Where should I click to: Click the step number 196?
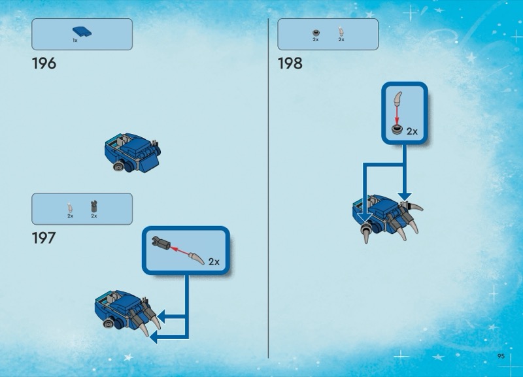click(x=44, y=63)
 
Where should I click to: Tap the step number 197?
click(x=44, y=238)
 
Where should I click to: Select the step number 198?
click(x=290, y=63)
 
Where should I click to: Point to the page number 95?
click(x=501, y=356)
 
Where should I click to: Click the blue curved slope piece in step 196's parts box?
click(x=82, y=31)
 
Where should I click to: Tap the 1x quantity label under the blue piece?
click(x=75, y=41)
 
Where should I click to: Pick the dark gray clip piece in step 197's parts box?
click(x=94, y=206)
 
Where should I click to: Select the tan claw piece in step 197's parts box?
click(x=70, y=208)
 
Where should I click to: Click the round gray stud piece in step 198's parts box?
click(x=316, y=33)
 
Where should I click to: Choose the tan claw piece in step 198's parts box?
click(x=341, y=31)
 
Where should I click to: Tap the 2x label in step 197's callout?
click(x=214, y=262)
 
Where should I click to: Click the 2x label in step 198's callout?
click(x=413, y=132)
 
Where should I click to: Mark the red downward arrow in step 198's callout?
click(x=397, y=115)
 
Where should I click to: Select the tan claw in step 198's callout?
click(x=397, y=98)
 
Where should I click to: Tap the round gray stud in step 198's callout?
click(x=397, y=129)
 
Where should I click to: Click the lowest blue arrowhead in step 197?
click(x=154, y=337)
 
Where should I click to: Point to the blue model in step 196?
click(x=133, y=152)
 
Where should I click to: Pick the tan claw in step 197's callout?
click(x=197, y=258)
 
